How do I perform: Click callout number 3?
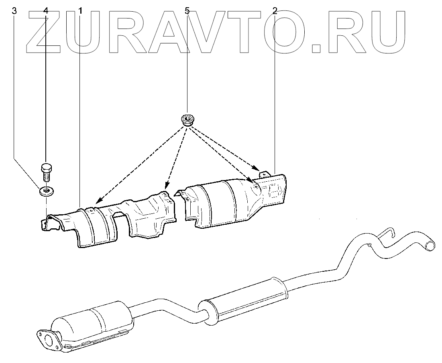14,11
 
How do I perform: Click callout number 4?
45,11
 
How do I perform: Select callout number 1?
80,11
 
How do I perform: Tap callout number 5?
187,11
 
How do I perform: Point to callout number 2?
275,11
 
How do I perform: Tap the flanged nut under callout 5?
186,119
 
